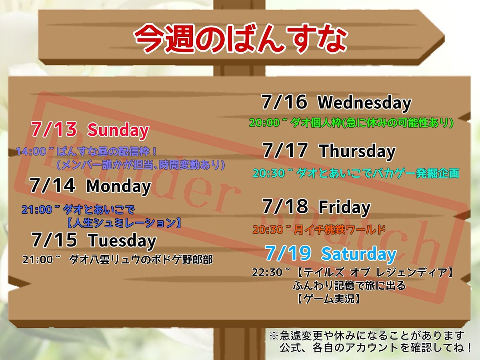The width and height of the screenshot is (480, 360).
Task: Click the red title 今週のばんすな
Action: point(240,39)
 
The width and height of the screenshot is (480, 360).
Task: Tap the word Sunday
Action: point(118,130)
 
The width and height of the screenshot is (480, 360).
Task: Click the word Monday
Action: point(119,186)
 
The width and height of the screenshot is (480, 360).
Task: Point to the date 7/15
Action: point(54,240)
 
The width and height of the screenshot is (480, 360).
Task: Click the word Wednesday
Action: point(364,103)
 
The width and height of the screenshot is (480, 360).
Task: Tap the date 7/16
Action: point(284,102)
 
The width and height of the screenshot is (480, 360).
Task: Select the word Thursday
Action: point(357,152)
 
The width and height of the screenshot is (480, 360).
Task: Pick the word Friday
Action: point(344,207)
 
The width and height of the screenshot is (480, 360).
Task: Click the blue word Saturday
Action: point(359,254)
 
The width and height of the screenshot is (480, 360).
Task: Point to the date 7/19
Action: point(288,253)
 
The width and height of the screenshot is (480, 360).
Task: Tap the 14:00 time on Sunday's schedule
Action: point(31,151)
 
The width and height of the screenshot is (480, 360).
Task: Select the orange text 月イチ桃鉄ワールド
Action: point(339,230)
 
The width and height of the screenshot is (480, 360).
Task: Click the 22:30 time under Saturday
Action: point(267,272)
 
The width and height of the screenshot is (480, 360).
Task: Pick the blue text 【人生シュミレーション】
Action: point(124,223)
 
